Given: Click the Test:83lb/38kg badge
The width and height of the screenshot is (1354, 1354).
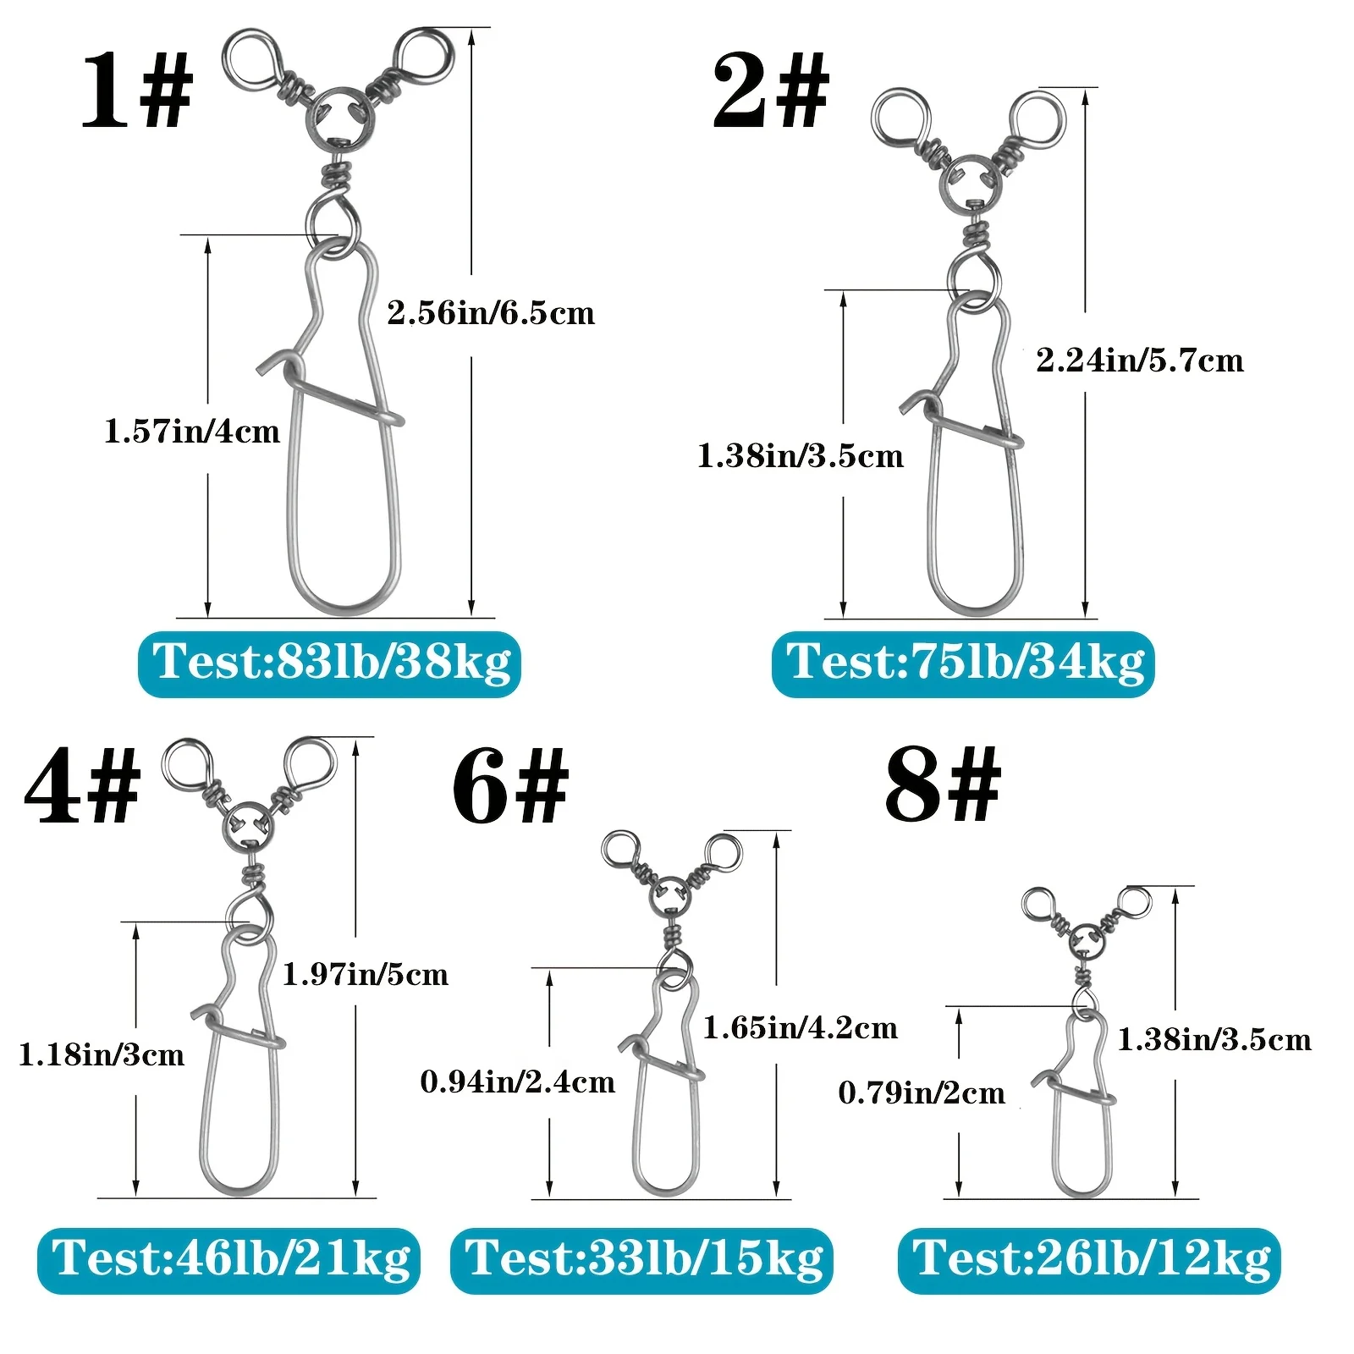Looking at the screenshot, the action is pyautogui.click(x=329, y=664).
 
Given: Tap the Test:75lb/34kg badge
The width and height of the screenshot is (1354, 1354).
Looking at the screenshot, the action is pyautogui.click(x=963, y=664).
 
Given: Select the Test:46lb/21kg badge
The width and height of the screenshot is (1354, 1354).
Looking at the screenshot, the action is pyautogui.click(x=228, y=1260).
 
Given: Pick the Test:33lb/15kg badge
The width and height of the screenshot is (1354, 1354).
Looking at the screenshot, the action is pyautogui.click(x=641, y=1260).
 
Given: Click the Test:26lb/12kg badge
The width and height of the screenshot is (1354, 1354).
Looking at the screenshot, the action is pyautogui.click(x=1089, y=1260).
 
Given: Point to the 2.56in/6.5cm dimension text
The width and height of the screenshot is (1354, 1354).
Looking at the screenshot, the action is pyautogui.click(x=491, y=313).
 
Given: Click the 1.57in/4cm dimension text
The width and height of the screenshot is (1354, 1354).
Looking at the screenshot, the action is pyautogui.click(x=192, y=432).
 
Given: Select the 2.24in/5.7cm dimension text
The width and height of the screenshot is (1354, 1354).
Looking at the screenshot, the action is pyautogui.click(x=1140, y=361).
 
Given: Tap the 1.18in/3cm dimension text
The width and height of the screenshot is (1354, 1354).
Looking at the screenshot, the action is pyautogui.click(x=102, y=1054).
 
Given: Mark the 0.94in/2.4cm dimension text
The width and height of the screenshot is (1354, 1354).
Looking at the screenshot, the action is pyautogui.click(x=518, y=1082).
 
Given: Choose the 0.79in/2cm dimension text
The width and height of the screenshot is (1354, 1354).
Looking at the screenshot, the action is pyautogui.click(x=922, y=1093).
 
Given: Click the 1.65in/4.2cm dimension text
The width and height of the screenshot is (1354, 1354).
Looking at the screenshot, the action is pyautogui.click(x=801, y=1027).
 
